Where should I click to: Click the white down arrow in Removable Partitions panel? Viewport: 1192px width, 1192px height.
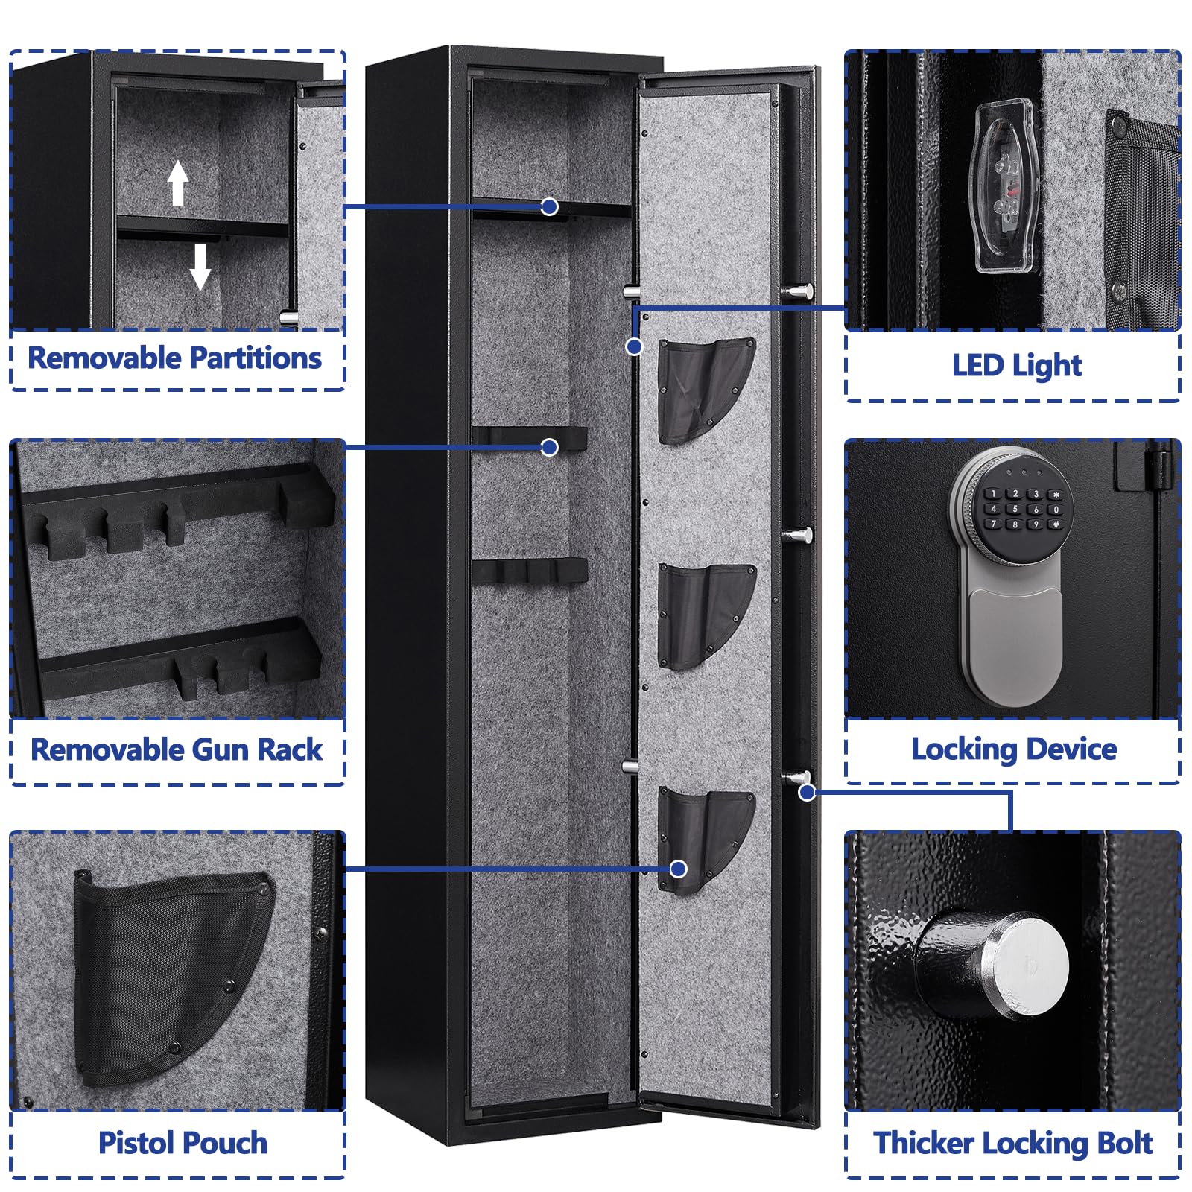[x=200, y=266]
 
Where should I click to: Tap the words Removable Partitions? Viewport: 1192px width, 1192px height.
[x=175, y=358]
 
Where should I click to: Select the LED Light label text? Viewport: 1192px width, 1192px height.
[x=1016, y=366]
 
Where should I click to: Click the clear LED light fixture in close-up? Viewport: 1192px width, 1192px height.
[x=1004, y=186]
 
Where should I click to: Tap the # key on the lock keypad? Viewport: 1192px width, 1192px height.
[x=1056, y=524]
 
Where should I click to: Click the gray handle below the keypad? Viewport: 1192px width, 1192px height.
[x=1014, y=644]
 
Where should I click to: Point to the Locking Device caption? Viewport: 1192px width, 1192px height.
[x=1014, y=749]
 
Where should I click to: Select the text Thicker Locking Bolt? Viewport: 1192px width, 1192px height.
[x=1013, y=1143]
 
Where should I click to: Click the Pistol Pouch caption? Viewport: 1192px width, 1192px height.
[x=183, y=1143]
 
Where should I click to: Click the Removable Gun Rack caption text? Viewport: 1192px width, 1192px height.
[x=177, y=750]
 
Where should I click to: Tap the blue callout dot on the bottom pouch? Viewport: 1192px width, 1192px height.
[x=678, y=869]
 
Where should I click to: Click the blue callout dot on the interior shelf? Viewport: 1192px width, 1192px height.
[x=550, y=206]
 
